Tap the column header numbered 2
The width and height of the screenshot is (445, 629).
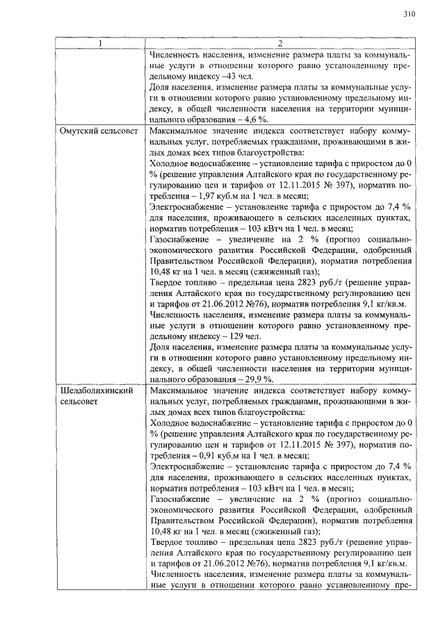coord(281,44)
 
